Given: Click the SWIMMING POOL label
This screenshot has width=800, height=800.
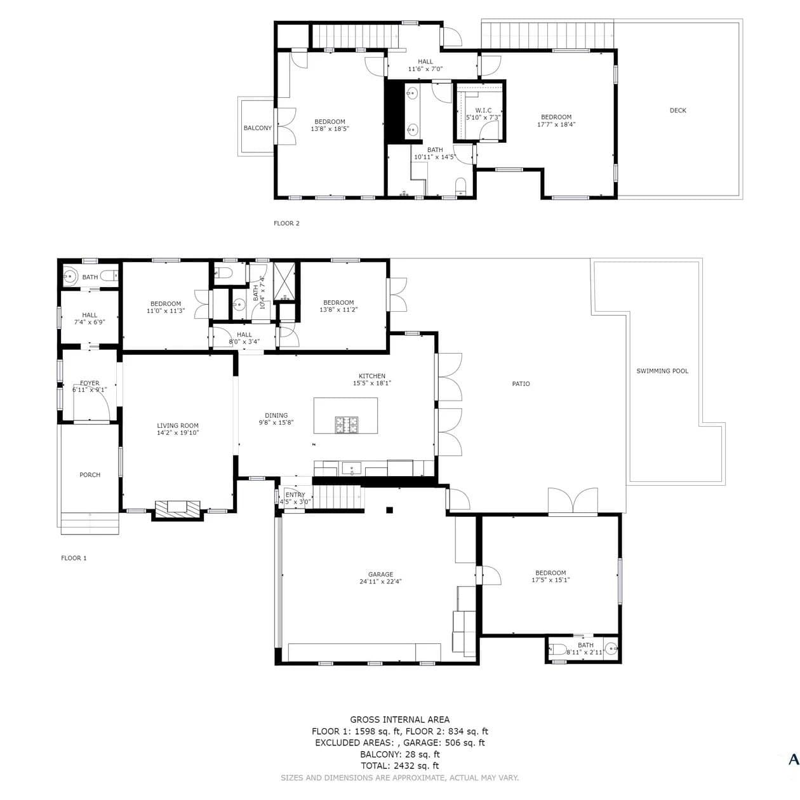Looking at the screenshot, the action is point(662,371).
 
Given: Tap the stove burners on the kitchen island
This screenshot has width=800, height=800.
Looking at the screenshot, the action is point(346,424).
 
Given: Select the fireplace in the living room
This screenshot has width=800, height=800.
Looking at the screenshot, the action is point(178,509).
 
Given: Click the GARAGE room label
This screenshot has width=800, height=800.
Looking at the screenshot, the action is point(380,574).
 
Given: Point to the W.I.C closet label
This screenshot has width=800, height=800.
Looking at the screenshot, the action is point(483,110).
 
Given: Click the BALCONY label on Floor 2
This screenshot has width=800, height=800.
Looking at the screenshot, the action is point(257,128).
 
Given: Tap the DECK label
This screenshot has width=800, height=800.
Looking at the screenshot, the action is point(677,110).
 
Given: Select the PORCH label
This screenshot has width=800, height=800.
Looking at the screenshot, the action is point(90,474).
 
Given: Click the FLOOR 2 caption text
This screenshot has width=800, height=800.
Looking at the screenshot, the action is point(286,223).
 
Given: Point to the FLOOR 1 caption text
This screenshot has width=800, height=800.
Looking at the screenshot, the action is point(74,558).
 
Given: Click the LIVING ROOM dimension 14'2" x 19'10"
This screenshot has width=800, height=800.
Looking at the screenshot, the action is point(178,432).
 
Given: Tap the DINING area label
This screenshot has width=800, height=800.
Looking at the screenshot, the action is point(276,415).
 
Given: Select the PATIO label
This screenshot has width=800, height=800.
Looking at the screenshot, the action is point(521,383).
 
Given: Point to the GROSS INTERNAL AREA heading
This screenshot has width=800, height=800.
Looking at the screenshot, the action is point(399,719).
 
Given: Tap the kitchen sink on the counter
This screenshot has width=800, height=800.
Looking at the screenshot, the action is point(352,469).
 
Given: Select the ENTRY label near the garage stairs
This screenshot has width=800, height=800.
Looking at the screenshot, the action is point(295,495).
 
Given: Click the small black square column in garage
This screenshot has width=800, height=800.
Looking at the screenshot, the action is point(389,510).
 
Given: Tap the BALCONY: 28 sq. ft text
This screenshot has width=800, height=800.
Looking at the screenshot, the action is point(399,754).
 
